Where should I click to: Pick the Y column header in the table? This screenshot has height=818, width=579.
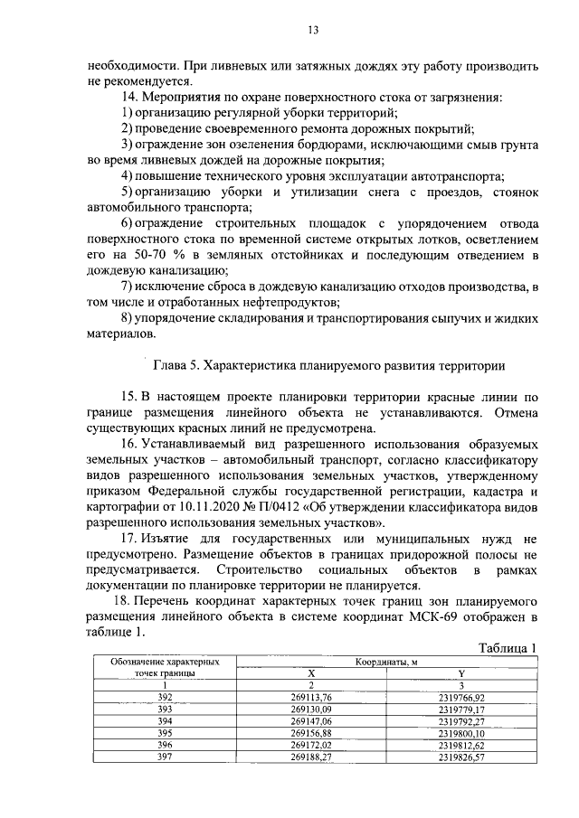point(462,673)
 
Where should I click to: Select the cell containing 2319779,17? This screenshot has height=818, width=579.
point(462,710)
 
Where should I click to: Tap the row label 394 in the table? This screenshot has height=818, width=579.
point(164,721)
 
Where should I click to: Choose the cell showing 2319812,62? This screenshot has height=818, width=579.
point(462,745)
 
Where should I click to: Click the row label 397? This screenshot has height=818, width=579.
point(164,757)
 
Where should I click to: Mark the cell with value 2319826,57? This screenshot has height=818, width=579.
point(462,757)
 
